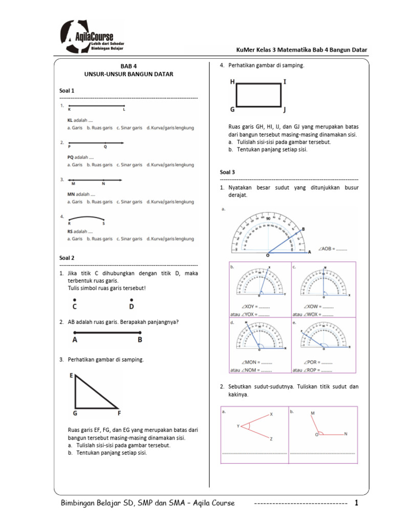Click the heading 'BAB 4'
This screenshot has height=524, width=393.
pos(129,66)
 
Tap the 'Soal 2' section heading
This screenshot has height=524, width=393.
pos(67,258)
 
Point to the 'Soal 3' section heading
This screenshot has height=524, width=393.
pos(228,172)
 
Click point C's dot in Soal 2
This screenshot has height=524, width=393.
pos(75,300)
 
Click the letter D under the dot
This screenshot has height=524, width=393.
pos(132,307)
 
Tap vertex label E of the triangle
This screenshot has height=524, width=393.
pos(72,376)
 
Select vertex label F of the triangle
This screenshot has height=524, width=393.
pos(119,412)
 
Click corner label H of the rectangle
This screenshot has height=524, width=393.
pos(232,82)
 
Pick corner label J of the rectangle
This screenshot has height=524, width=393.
pos(285,110)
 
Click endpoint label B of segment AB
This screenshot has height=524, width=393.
pos(140,339)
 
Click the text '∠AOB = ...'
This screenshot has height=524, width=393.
pos(333,249)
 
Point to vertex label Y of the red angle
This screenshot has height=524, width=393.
pos(238,426)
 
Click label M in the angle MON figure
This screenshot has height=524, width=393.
pos(312,412)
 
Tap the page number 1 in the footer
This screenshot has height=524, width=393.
pos(357,504)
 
